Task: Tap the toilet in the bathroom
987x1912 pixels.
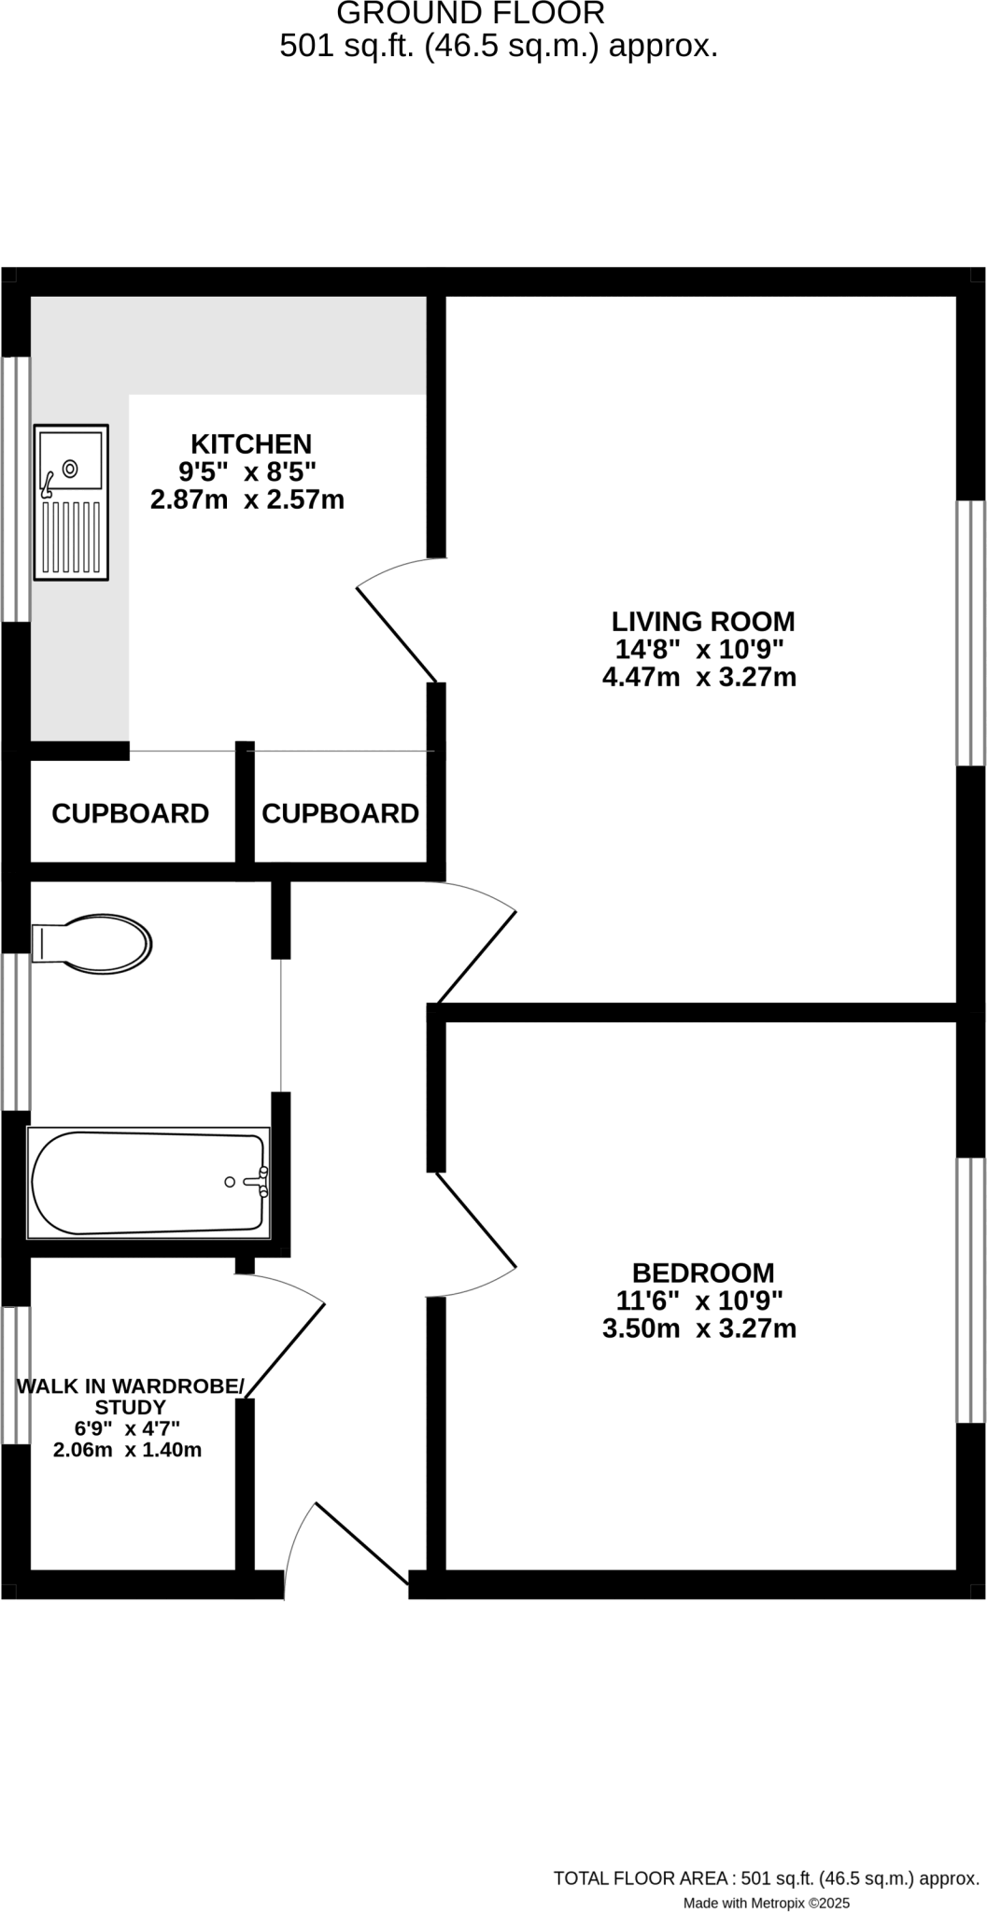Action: pos(92,943)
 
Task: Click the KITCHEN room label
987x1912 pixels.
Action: pos(251,443)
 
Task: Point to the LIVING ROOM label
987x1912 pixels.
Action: pos(703,621)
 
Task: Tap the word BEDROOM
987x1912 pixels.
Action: pos(703,1272)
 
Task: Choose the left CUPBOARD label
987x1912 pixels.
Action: pos(130,814)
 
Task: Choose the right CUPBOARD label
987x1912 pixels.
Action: pos(340,814)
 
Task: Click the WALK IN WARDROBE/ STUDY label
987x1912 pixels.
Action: pos(130,1397)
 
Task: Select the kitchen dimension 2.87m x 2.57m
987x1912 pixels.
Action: pos(247,499)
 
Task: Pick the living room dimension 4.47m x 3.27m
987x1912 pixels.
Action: pos(699,677)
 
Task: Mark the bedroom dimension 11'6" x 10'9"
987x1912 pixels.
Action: pos(699,1300)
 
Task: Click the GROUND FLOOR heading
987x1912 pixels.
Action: pos(471,14)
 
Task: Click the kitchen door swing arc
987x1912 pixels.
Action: pos(392,568)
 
